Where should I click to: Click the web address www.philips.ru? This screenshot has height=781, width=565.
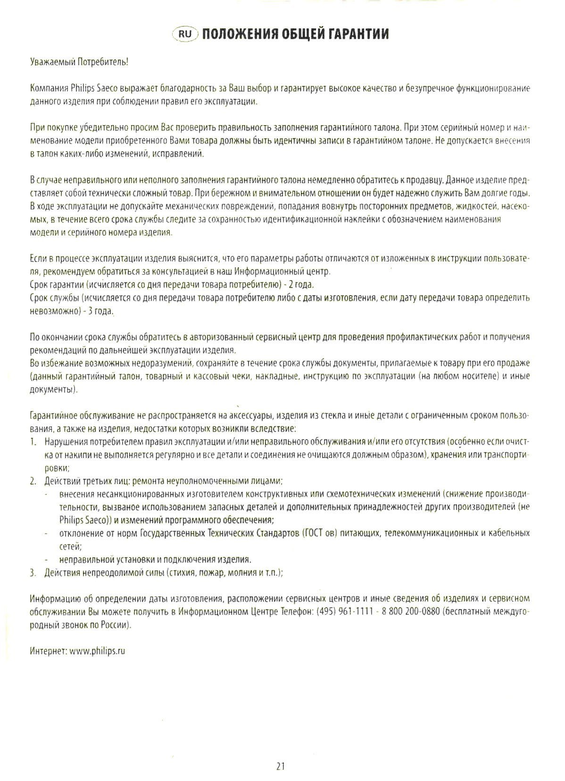point(98,651)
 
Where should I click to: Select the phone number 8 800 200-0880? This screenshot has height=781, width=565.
point(407,611)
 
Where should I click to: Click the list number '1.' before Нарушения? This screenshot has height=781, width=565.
point(33,442)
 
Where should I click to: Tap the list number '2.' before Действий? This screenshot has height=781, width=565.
point(33,481)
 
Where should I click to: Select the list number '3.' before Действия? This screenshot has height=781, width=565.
point(33,572)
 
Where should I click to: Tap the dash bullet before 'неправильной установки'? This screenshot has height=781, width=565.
point(47,560)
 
